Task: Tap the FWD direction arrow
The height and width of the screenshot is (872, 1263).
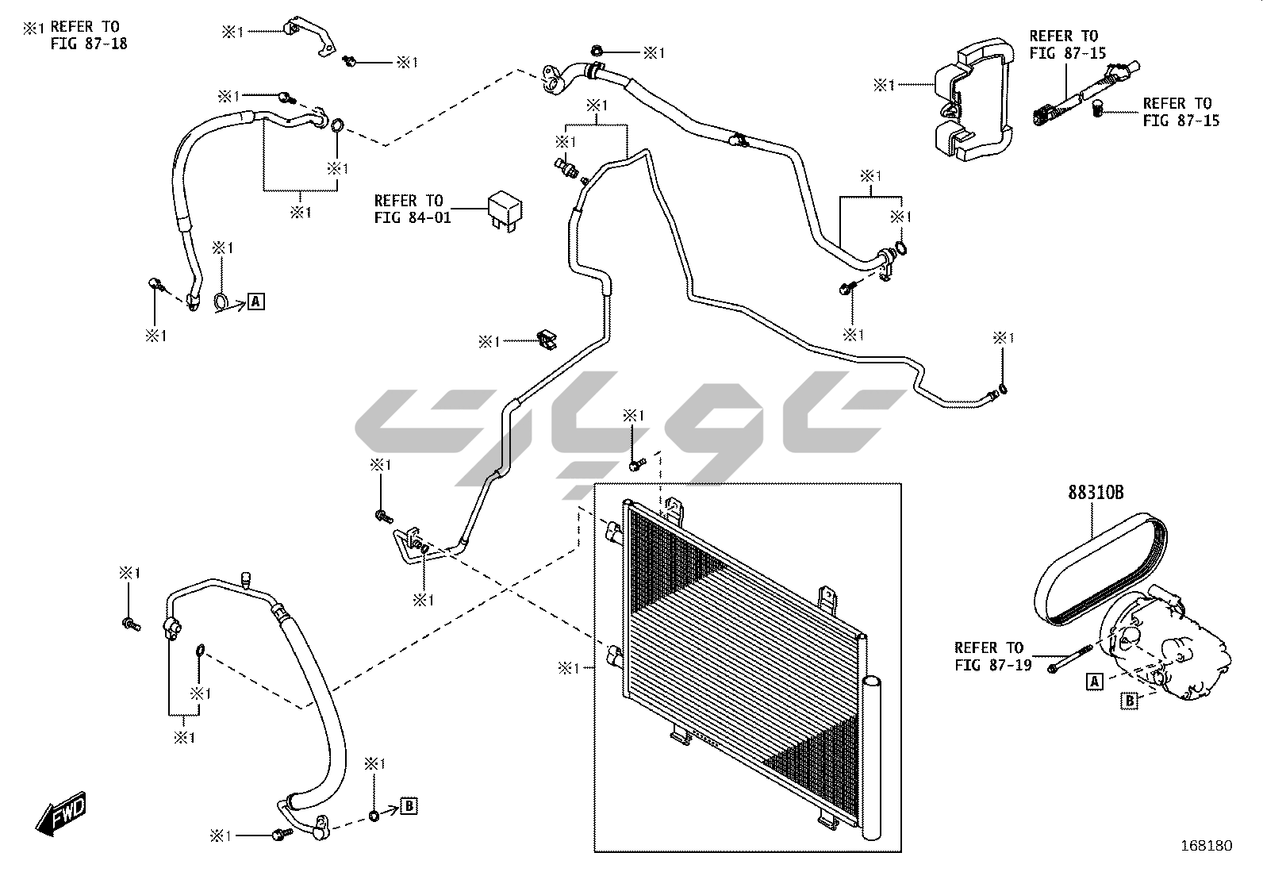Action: (x=60, y=815)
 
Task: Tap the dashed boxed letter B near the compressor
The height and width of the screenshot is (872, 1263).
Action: (x=1128, y=700)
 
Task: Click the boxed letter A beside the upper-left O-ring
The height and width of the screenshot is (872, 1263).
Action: (x=255, y=302)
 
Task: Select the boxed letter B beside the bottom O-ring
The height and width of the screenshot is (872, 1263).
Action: (x=409, y=805)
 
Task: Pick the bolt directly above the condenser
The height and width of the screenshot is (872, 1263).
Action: (x=635, y=461)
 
